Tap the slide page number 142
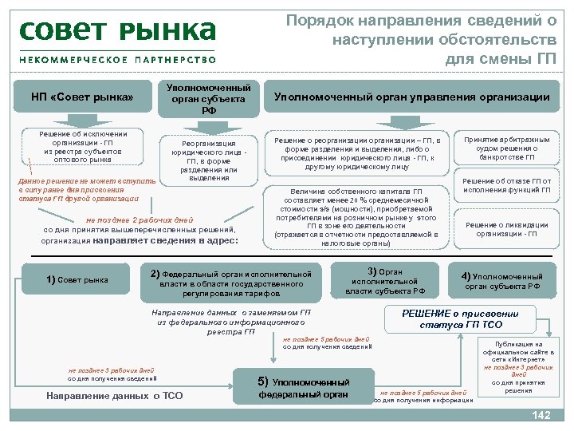coord(541,415)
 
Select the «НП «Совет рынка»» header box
coord(81,97)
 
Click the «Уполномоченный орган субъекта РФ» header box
coord(209,99)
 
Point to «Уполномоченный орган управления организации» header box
coord(411,97)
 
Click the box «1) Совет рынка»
coord(77,279)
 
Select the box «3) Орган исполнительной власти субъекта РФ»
coord(385,281)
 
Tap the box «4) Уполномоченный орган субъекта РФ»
coord(502,281)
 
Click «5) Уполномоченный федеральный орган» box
coord(304,388)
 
